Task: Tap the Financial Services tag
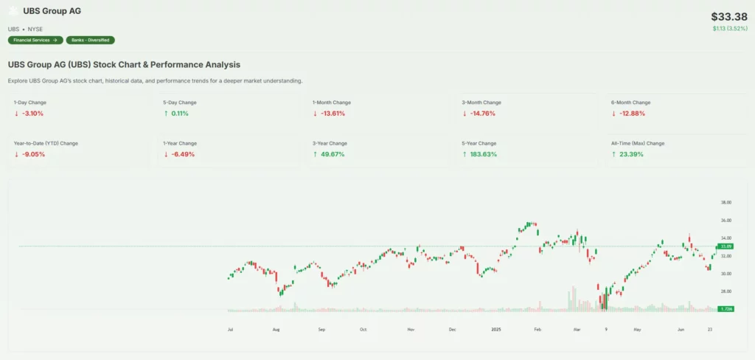pos(34,40)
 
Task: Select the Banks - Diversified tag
pos(90,40)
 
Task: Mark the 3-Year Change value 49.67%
pos(333,154)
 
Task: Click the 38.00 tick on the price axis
pos(726,202)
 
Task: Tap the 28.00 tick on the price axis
pos(726,291)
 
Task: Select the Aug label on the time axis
pos(276,330)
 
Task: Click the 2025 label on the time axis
pos(497,330)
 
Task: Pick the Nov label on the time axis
pos(411,330)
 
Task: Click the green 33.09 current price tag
pos(726,246)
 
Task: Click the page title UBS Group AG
pos(52,11)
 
